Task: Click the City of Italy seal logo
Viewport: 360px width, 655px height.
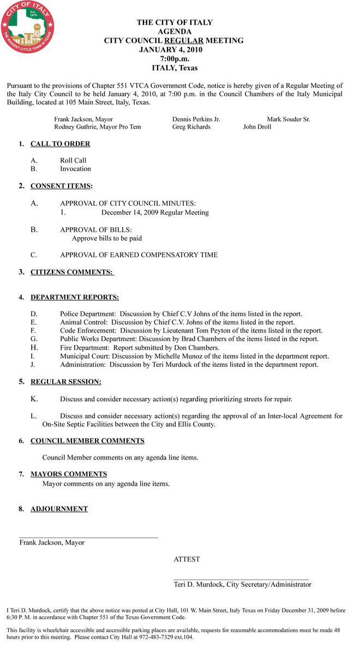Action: tap(27, 27)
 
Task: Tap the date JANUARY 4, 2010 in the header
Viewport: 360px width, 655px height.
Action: tap(171, 50)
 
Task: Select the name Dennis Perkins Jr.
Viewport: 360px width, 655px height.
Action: tap(196, 119)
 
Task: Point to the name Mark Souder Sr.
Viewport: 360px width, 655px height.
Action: tap(289, 119)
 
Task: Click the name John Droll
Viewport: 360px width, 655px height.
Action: tap(257, 127)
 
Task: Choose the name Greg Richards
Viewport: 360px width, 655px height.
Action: tap(191, 127)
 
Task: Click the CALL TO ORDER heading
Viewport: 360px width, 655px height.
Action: tap(60, 144)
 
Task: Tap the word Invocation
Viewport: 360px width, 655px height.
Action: tap(75, 169)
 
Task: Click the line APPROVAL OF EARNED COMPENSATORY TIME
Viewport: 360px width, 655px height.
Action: tap(139, 255)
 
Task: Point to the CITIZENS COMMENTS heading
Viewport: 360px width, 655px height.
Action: tap(71, 272)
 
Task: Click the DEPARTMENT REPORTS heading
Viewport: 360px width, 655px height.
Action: tap(74, 297)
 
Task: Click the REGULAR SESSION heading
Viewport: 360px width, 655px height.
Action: tap(65, 382)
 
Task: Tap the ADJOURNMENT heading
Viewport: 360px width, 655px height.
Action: tap(59, 509)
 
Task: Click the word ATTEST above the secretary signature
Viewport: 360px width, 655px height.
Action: tap(187, 559)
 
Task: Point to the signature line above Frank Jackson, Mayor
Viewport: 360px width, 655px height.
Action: tap(88, 538)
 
